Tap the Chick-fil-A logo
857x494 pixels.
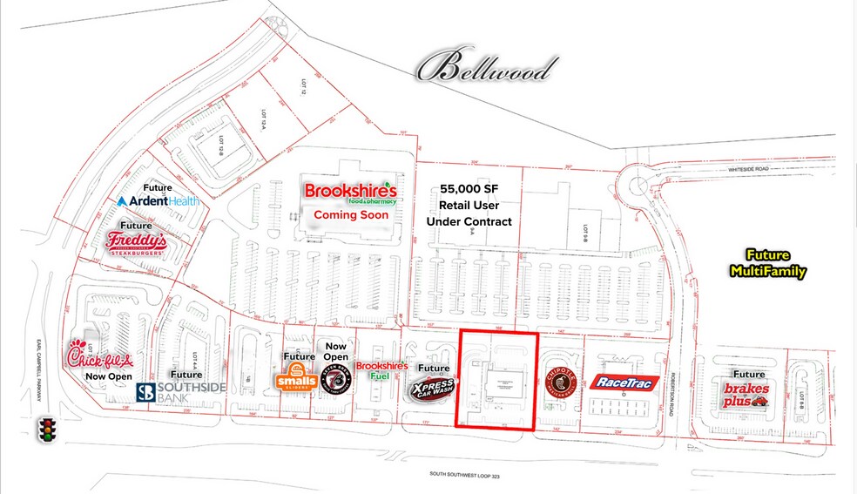point(100,357)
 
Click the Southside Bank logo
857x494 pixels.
point(180,392)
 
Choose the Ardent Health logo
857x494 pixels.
point(158,200)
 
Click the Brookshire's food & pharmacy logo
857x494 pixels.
point(350,193)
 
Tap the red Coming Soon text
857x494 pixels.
point(348,214)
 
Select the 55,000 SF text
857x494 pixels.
point(468,188)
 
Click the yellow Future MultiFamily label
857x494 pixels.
point(767,264)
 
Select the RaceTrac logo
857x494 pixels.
point(624,382)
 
